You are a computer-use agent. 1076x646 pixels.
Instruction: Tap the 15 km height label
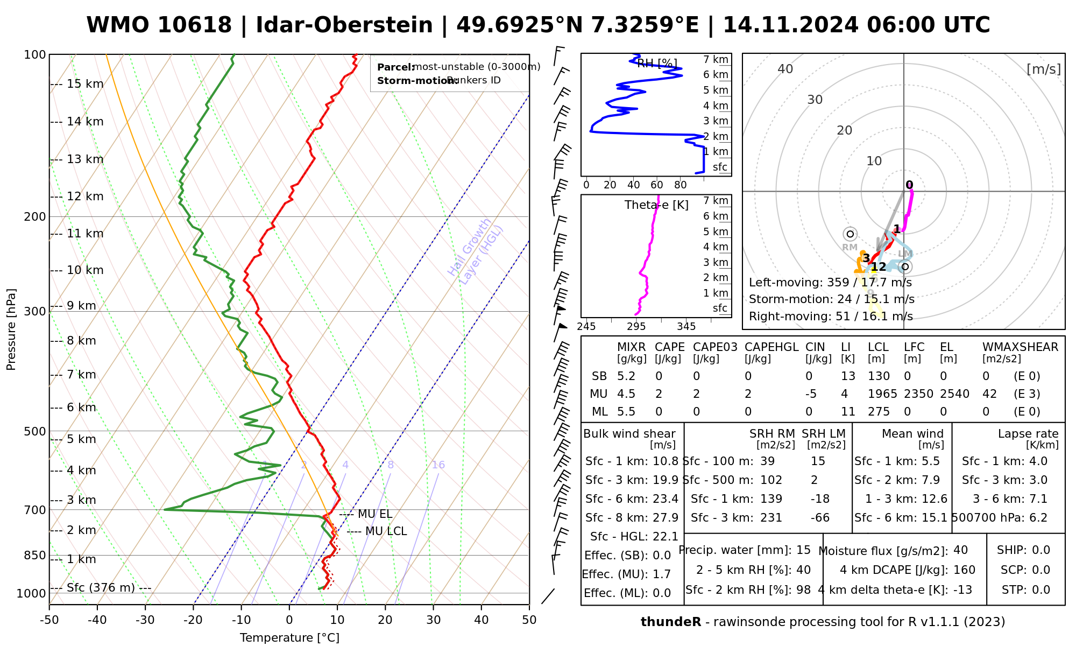pyautogui.click(x=85, y=84)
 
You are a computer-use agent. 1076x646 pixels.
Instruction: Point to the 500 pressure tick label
pyautogui.click(x=36, y=432)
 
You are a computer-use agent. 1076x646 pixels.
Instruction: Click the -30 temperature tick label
pyautogui.click(x=145, y=620)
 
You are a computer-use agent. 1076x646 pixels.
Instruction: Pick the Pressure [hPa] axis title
pyautogui.click(x=11, y=329)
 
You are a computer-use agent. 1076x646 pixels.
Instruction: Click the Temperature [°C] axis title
pyautogui.click(x=289, y=638)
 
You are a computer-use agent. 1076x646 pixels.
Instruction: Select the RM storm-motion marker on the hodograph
pyautogui.click(x=850, y=234)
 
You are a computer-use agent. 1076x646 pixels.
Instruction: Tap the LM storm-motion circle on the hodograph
pyautogui.click(x=905, y=266)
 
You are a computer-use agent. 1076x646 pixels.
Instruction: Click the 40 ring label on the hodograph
pyautogui.click(x=785, y=69)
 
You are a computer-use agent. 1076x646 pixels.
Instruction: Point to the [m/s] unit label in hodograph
pyautogui.click(x=1044, y=69)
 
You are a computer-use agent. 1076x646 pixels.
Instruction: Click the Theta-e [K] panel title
pyautogui.click(x=656, y=205)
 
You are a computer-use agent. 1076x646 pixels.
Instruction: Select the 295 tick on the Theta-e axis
pyautogui.click(x=636, y=327)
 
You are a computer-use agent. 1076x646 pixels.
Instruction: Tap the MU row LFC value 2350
pyautogui.click(x=918, y=394)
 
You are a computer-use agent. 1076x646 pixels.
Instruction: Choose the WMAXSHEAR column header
pyautogui.click(x=1020, y=347)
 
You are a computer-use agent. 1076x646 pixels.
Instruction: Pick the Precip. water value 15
pyautogui.click(x=803, y=550)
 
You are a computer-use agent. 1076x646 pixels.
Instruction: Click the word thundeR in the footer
pyautogui.click(x=671, y=622)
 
